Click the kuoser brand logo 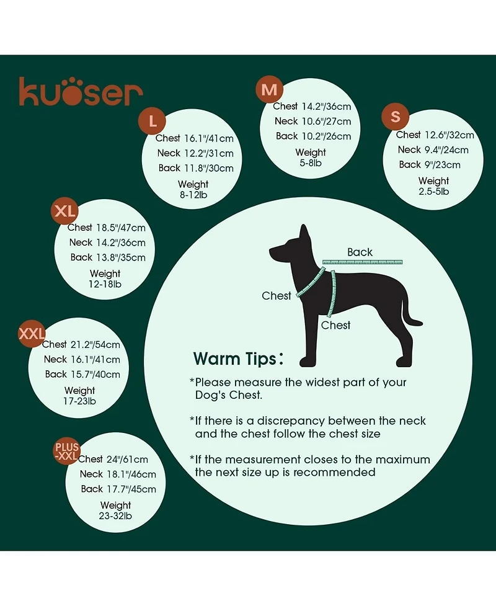[x=81, y=92]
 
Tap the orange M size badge [x=269, y=89]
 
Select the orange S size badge [x=395, y=117]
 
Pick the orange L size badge [x=153, y=121]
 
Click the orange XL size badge [x=65, y=211]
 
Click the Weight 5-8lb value [x=311, y=158]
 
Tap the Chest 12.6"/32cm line [x=435, y=135]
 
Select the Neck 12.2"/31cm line [x=195, y=153]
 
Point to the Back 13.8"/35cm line [x=108, y=257]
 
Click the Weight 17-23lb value [x=79, y=396]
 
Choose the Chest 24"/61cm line [x=113, y=459]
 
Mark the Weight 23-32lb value [x=115, y=510]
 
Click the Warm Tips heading [x=238, y=359]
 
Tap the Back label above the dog [x=360, y=252]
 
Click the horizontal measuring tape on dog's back [x=362, y=262]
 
